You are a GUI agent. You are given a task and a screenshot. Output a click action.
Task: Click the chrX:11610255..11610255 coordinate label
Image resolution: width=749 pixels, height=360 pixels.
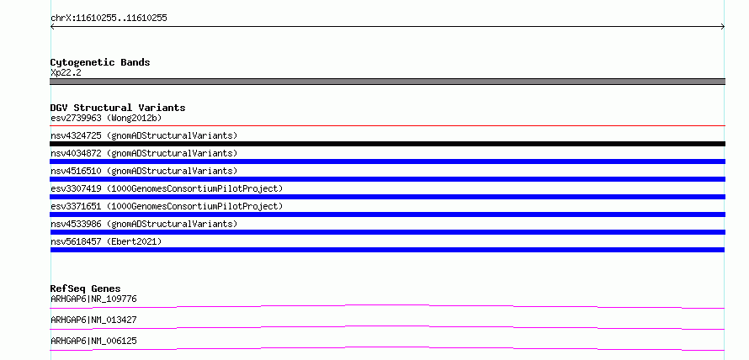[109, 19]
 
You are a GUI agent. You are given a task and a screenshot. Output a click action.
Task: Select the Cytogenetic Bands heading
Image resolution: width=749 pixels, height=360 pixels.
[100, 62]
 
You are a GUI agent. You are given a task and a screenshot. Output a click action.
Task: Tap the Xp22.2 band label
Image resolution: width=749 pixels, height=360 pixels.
[66, 73]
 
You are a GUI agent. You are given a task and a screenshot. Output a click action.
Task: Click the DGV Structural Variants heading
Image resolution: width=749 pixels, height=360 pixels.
[118, 108]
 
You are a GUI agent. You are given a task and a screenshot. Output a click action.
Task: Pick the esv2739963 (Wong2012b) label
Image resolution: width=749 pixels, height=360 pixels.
[109, 118]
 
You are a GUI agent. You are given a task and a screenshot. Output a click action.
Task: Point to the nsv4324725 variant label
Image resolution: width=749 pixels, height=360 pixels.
[144, 135]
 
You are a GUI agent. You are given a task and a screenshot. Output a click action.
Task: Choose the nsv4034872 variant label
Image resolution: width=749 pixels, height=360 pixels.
[144, 153]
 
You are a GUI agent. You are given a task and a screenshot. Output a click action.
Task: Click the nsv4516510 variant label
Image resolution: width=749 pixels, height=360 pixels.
[144, 171]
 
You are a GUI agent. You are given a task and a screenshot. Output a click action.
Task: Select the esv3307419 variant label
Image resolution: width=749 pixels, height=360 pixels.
[167, 188]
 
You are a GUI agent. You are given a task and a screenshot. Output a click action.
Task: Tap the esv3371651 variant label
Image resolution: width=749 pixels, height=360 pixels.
[167, 206]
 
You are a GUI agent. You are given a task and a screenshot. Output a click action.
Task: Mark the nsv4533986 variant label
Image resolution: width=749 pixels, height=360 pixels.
[144, 224]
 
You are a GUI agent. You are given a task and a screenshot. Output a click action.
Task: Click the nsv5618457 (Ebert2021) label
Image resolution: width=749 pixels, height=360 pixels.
[106, 241]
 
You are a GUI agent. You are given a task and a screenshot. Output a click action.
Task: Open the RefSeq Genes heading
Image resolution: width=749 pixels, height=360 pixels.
[86, 289]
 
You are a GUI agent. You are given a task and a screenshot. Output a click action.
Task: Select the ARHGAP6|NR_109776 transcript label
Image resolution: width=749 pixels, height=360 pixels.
[93, 299]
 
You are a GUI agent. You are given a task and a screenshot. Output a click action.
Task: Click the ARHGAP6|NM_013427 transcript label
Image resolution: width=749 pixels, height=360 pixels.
[93, 320]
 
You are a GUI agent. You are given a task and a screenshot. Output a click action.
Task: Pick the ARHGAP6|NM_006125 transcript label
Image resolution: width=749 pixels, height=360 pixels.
[93, 341]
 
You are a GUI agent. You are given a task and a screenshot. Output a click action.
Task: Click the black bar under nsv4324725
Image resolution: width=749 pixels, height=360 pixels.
[387, 144]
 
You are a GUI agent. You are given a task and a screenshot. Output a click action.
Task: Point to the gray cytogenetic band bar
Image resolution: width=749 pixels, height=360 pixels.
[387, 82]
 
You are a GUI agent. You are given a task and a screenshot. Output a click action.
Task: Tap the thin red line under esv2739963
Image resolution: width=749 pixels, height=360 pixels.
[387, 126]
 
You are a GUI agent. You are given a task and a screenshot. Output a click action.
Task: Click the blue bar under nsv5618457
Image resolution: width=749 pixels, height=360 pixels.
[387, 250]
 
